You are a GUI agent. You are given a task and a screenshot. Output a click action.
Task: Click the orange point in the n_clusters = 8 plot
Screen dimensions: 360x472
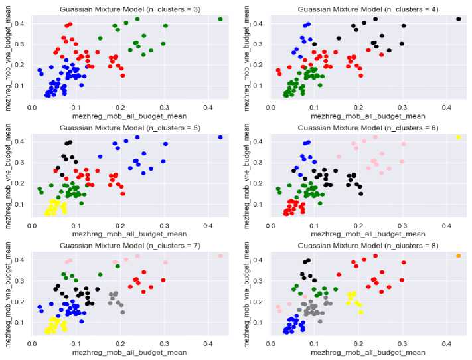[459, 256]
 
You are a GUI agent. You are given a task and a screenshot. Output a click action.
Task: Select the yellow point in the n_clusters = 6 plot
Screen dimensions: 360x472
[459, 137]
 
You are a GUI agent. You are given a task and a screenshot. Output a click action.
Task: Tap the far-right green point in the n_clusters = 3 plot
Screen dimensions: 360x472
[220, 19]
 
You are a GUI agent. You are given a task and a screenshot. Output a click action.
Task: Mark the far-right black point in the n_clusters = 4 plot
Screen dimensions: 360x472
[459, 19]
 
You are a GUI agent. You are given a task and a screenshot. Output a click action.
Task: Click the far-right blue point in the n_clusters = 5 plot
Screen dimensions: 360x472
[220, 137]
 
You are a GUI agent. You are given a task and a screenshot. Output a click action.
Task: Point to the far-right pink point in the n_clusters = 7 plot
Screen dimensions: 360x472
[220, 256]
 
